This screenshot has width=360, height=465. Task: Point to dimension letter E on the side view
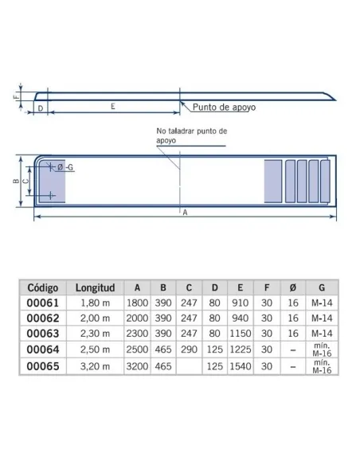pyautogui.click(x=114, y=105)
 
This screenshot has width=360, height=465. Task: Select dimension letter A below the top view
pyautogui.click(x=184, y=213)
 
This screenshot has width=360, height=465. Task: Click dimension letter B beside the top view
pyautogui.click(x=16, y=181)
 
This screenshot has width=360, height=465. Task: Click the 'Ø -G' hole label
pyautogui.click(x=68, y=166)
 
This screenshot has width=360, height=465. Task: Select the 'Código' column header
pyautogui.click(x=44, y=287)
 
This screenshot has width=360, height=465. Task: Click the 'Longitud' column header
pyautogui.click(x=96, y=287)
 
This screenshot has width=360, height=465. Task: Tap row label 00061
pyautogui.click(x=44, y=303)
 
